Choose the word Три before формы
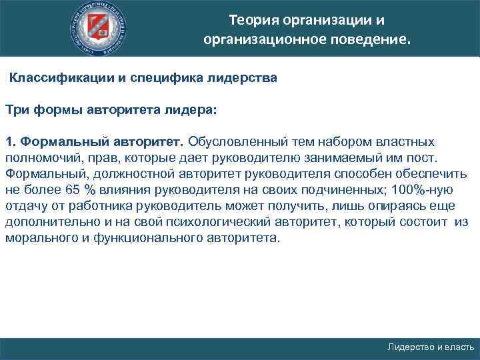tap(17, 109)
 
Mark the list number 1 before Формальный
tap(10, 141)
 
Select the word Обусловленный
tap(235, 141)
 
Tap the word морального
tap(39, 237)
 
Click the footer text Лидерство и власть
tap(431, 347)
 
